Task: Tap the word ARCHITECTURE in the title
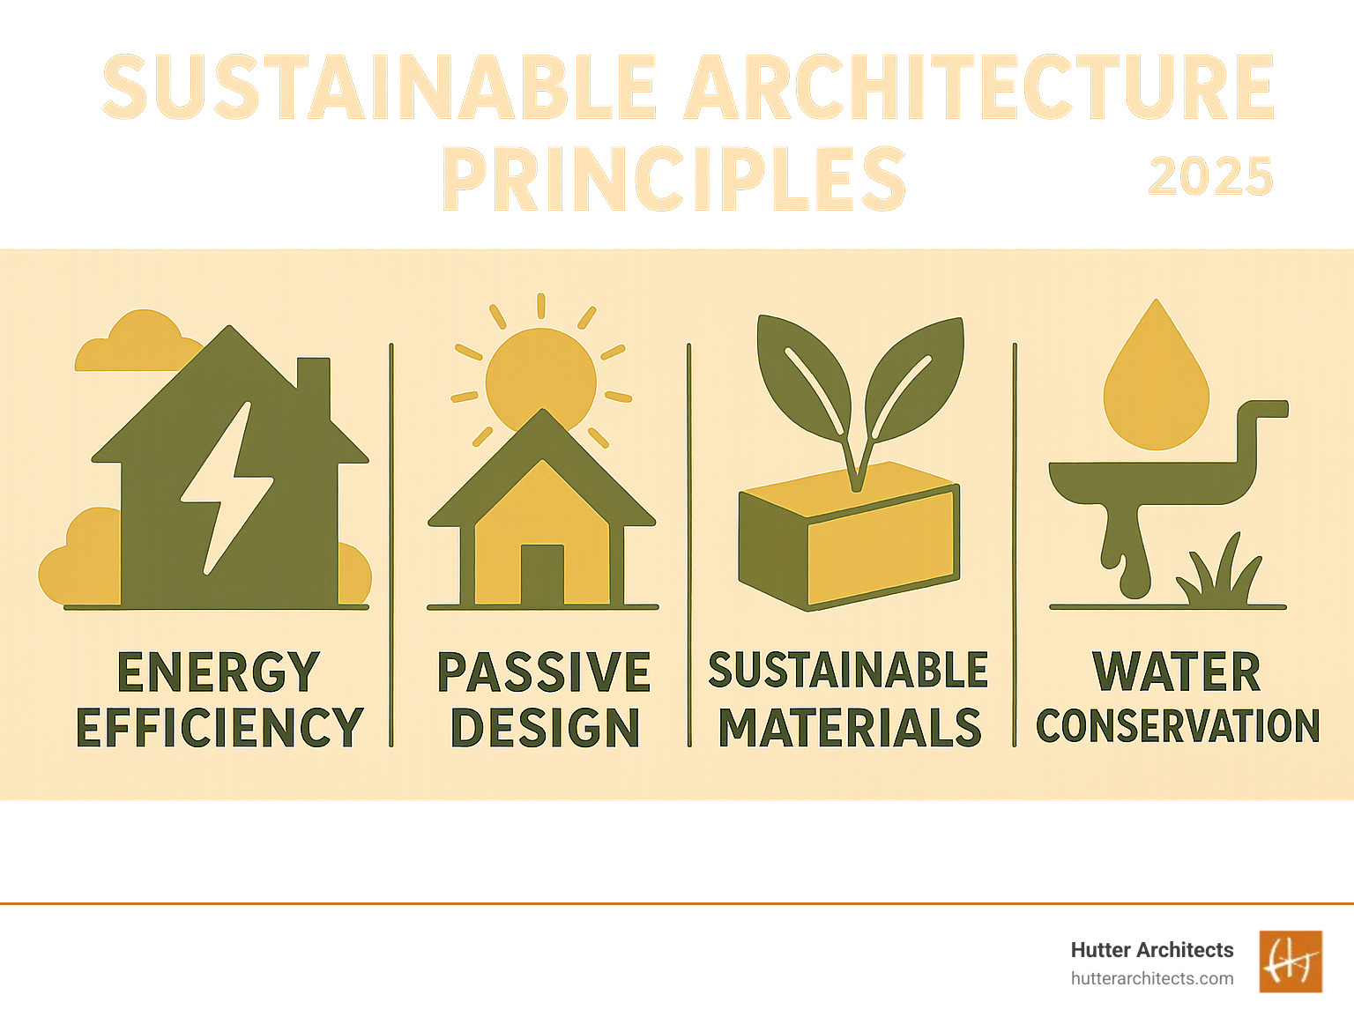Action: [979, 86]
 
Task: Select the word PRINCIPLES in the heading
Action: [673, 179]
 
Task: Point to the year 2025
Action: [1210, 176]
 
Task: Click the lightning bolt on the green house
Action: [227, 488]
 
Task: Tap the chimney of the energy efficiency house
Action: [313, 385]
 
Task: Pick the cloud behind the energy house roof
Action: [138, 341]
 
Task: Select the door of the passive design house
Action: [542, 575]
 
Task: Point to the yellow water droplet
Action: [1156, 375]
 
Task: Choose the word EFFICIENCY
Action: [219, 727]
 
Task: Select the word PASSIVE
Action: [543, 672]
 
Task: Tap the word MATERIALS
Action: [850, 727]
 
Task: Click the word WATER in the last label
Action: [1176, 672]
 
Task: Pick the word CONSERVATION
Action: [1178, 726]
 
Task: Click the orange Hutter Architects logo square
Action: [1291, 961]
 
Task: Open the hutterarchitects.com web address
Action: [1151, 979]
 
